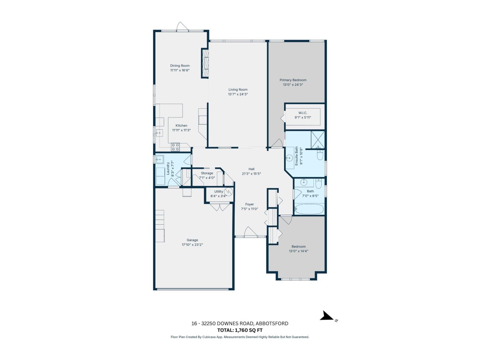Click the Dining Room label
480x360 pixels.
tap(180, 66)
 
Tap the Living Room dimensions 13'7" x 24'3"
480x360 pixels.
tap(238, 94)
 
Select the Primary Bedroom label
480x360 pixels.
tap(293, 80)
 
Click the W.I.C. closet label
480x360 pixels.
tap(303, 113)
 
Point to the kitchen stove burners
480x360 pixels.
tap(175, 147)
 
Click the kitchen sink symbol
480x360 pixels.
tap(159, 133)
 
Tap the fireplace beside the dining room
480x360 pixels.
tap(205, 63)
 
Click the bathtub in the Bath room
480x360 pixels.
tap(309, 209)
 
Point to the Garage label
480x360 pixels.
tap(192, 240)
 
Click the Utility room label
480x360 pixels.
tap(218, 191)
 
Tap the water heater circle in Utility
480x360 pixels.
tap(229, 192)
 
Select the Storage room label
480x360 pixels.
tap(207, 173)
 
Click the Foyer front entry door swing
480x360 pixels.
tap(250, 232)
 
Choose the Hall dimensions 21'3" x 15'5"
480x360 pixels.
tap(251, 174)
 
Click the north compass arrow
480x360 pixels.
tap(327, 316)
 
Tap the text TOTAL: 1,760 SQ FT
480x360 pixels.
tap(240, 330)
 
